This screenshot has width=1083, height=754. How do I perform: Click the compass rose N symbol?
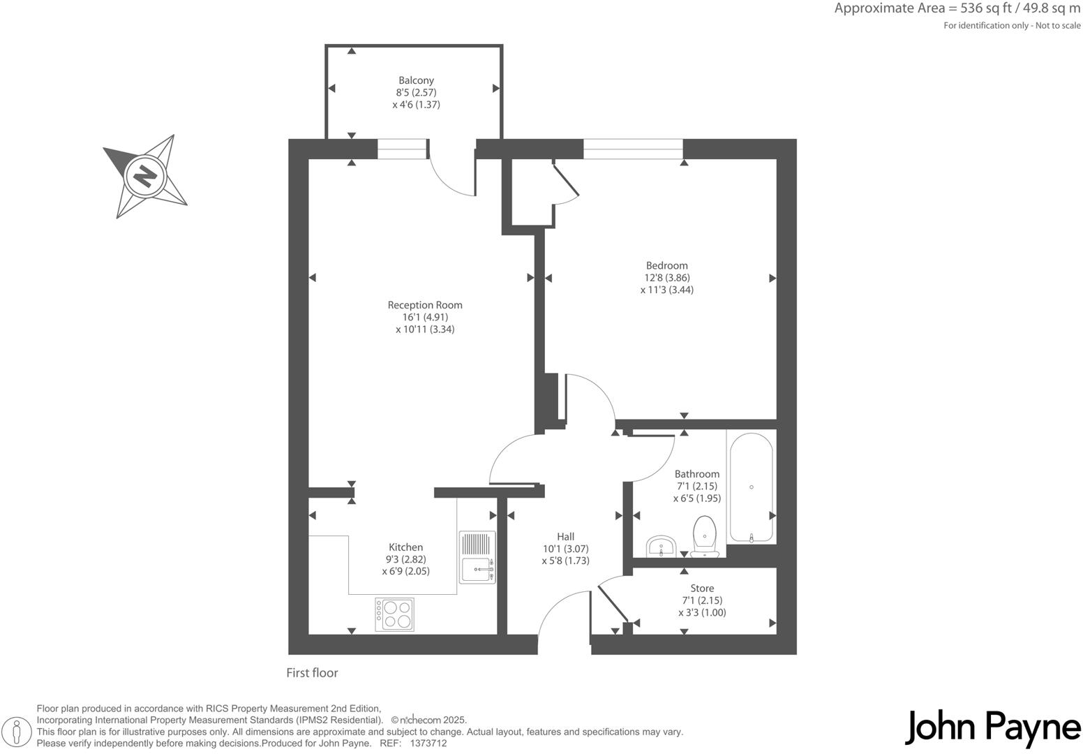[x=145, y=175]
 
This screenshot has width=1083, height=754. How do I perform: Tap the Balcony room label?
[x=416, y=80]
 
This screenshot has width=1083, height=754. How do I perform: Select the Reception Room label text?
[x=425, y=305]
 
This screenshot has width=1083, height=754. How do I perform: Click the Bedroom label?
[x=666, y=265]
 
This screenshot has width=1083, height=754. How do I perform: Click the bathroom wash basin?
[x=660, y=546]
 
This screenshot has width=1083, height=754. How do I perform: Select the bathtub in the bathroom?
[x=751, y=487]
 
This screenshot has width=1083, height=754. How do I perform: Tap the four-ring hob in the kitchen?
[x=394, y=614]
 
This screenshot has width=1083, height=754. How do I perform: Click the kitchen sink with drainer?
[x=477, y=558]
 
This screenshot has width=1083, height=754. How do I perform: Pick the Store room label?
[x=702, y=589]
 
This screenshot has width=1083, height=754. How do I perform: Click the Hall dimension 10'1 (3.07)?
[x=565, y=549]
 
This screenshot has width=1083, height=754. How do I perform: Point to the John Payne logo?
[x=992, y=727]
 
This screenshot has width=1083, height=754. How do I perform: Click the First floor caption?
[x=312, y=673]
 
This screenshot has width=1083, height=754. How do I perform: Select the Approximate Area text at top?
[x=957, y=9]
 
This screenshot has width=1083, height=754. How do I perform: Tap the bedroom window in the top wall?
[x=633, y=149]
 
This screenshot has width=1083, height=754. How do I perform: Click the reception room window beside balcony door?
[x=402, y=149]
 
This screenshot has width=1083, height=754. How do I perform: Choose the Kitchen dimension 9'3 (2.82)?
[x=405, y=559]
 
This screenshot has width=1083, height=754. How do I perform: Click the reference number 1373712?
[x=428, y=744]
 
